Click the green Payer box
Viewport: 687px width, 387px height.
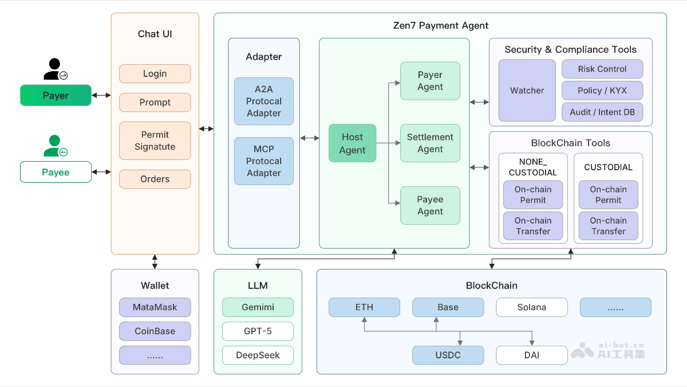click(56, 95)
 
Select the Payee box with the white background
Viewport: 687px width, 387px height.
click(56, 172)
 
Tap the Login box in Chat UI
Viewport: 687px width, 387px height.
click(155, 74)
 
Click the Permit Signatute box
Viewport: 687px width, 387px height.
click(155, 140)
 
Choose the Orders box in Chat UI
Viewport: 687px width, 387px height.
click(155, 179)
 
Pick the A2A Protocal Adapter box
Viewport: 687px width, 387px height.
click(263, 101)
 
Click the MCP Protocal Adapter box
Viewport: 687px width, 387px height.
click(263, 161)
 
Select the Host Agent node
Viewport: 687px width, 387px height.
click(352, 143)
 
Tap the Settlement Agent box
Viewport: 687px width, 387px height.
click(430, 143)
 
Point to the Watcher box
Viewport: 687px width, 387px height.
click(527, 91)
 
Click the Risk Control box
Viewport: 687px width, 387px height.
click(602, 69)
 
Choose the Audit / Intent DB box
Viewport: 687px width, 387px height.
click(602, 112)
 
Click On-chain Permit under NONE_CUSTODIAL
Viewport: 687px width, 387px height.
click(532, 195)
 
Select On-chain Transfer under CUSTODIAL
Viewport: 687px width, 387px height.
click(608, 226)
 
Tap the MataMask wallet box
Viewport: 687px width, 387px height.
click(155, 307)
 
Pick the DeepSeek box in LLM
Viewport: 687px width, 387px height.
click(258, 355)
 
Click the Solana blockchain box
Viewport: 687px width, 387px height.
click(531, 307)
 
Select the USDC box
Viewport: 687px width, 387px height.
click(448, 355)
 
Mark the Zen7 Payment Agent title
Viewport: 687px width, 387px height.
click(440, 26)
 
